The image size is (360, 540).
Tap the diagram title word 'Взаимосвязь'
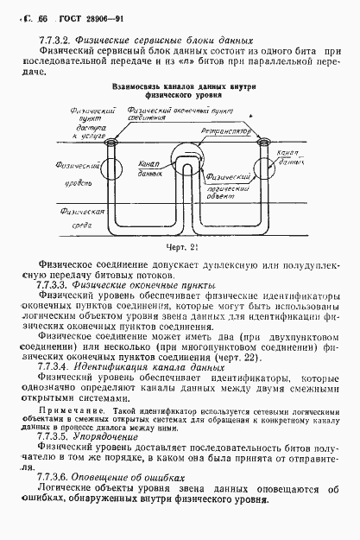(137, 87)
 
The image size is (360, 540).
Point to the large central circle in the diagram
(182, 161)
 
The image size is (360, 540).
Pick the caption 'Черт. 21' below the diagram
(181, 249)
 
